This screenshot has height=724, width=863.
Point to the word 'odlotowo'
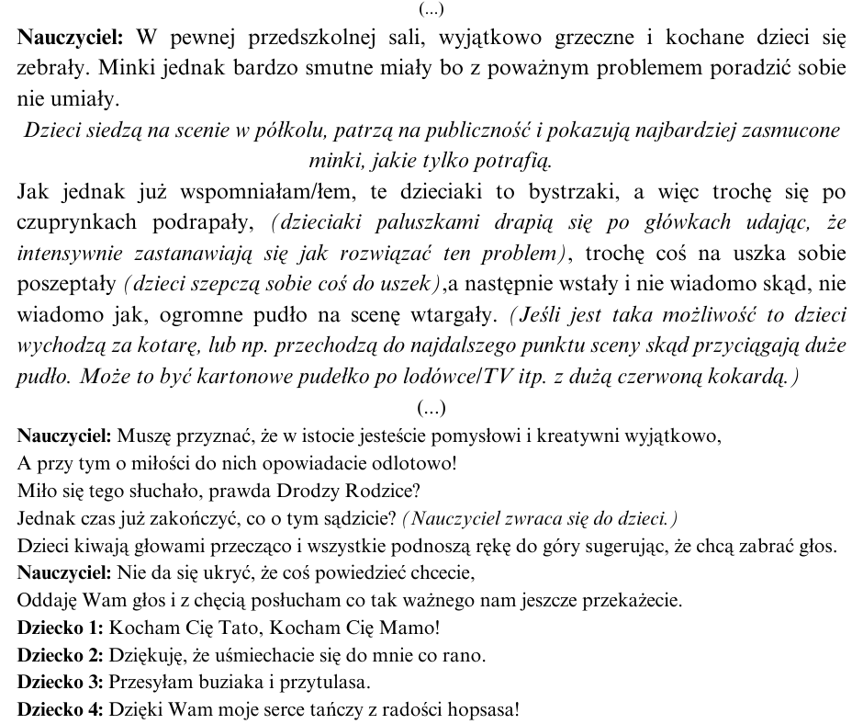click(x=411, y=464)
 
